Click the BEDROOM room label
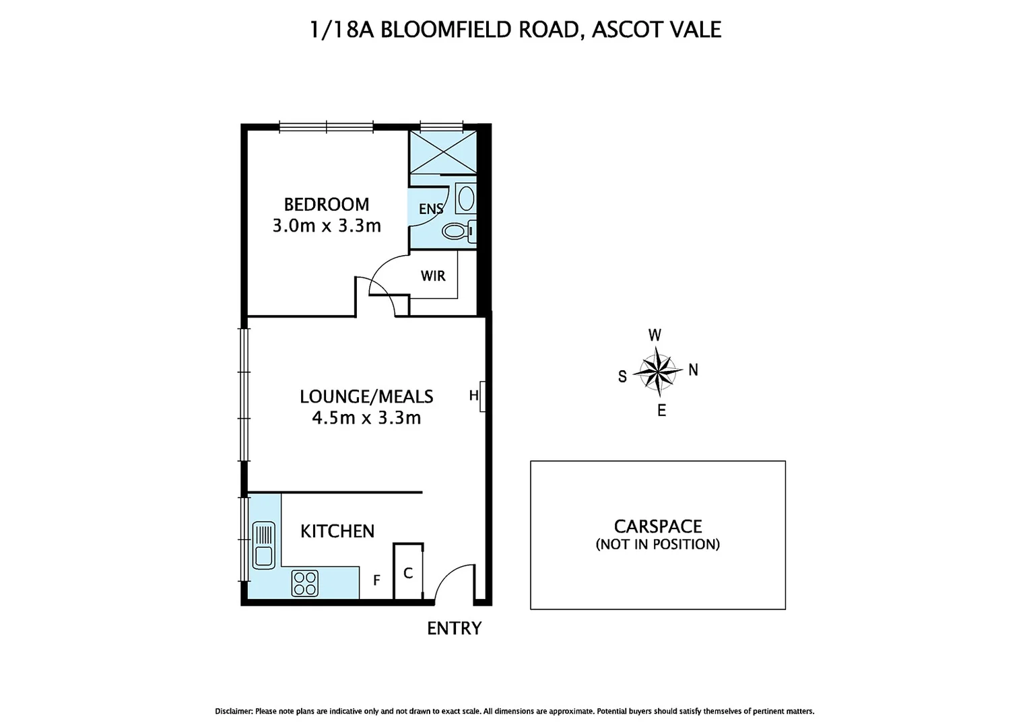[x=326, y=204]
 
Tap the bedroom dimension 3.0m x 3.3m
[x=326, y=226]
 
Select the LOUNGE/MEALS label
[x=366, y=396]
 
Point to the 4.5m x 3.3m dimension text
[x=366, y=418]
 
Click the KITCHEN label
[x=337, y=531]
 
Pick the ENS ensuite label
[x=431, y=209]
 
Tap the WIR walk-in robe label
[x=433, y=276]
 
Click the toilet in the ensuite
[x=457, y=232]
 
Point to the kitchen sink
[x=263, y=545]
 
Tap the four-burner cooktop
[x=304, y=583]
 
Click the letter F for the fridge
[x=377, y=580]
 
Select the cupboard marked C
[x=408, y=573]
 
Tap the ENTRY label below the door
[x=455, y=628]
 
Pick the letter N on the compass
[x=693, y=370]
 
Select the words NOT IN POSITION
[x=658, y=545]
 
